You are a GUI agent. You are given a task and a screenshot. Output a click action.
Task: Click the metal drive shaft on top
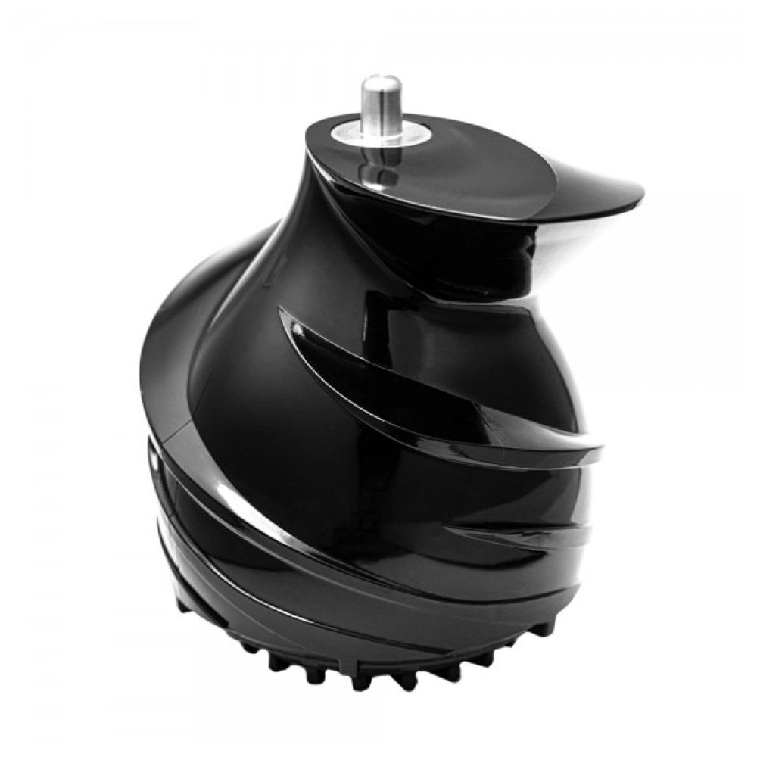381,110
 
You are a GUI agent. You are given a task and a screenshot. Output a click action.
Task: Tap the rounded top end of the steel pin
381,82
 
